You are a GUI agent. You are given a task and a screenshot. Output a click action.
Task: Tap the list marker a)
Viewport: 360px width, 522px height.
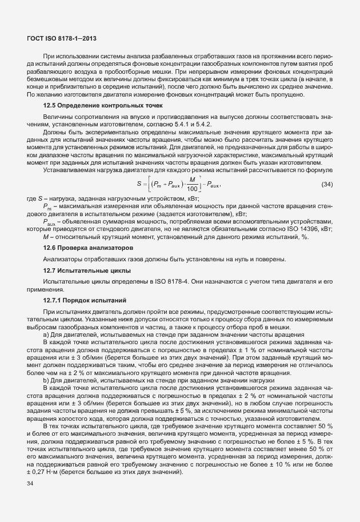click(47, 333)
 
